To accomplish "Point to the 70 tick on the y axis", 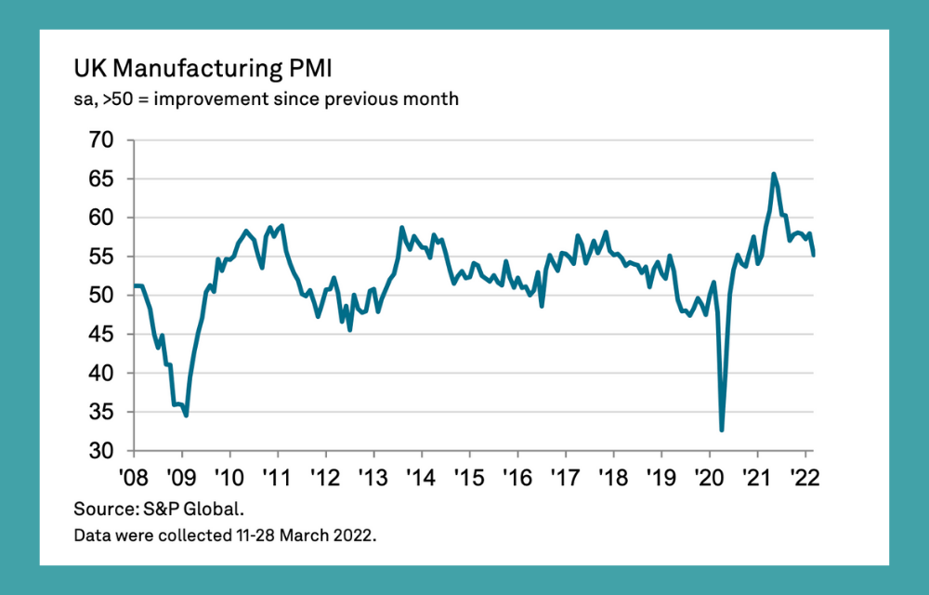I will coord(101,140).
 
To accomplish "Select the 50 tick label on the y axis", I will coord(101,296).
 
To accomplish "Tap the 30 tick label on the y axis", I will coord(101,451).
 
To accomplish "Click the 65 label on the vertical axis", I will coord(101,179).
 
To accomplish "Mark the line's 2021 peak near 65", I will coord(774,174).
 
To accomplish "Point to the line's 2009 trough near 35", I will coord(186,416).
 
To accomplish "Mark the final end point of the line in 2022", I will coord(815,255).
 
